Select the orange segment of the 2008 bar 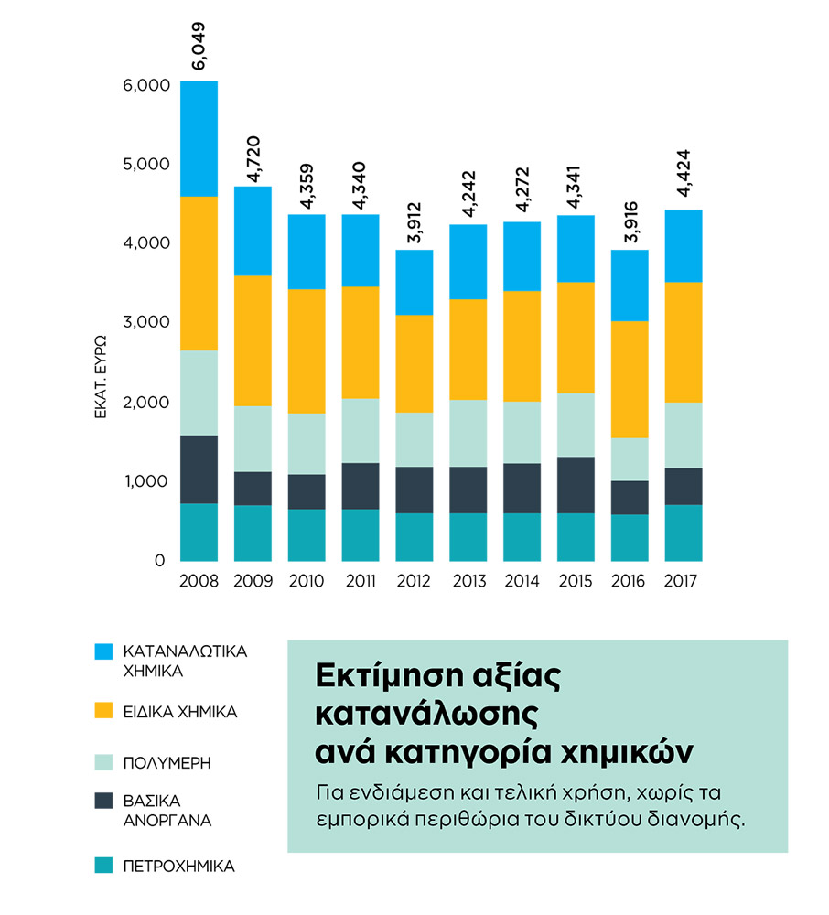point(199,273)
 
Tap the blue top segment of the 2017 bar point(684,245)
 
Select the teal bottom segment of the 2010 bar point(307,534)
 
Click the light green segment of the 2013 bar point(468,433)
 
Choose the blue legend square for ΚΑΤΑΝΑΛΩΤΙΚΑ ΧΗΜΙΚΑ point(104,651)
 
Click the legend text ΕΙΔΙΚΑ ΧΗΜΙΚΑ point(180,711)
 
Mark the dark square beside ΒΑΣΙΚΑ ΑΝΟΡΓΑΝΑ point(104,801)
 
